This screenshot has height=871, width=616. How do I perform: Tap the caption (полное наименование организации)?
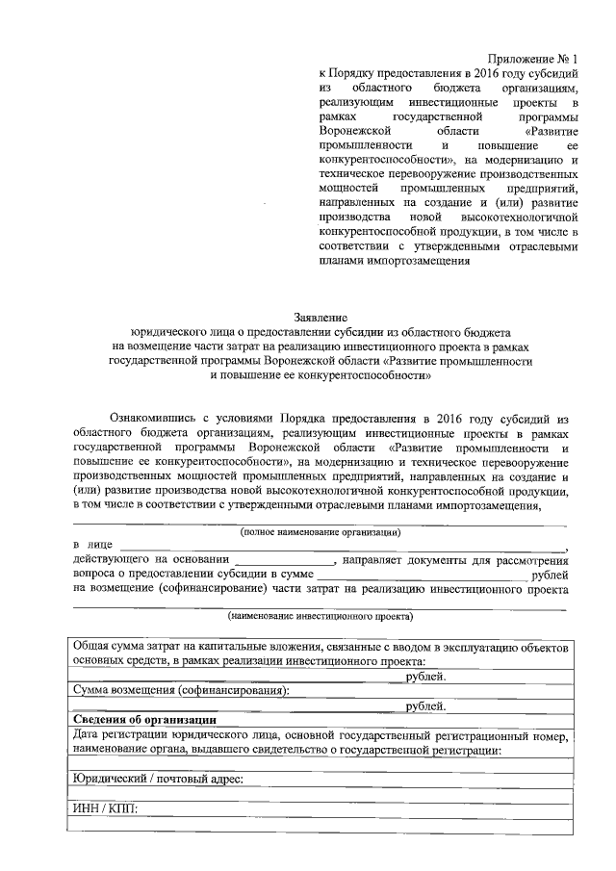pos(321,531)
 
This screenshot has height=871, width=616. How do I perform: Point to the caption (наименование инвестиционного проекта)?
pos(321,615)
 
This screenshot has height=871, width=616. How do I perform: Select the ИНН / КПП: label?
pos(106,807)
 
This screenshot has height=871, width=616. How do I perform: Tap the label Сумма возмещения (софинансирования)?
pos(181,690)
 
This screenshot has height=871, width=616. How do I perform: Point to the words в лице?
pos(92,546)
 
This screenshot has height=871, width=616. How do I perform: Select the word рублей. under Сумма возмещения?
pos(425,705)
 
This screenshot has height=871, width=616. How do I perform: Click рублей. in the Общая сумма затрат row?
pos(425,677)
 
